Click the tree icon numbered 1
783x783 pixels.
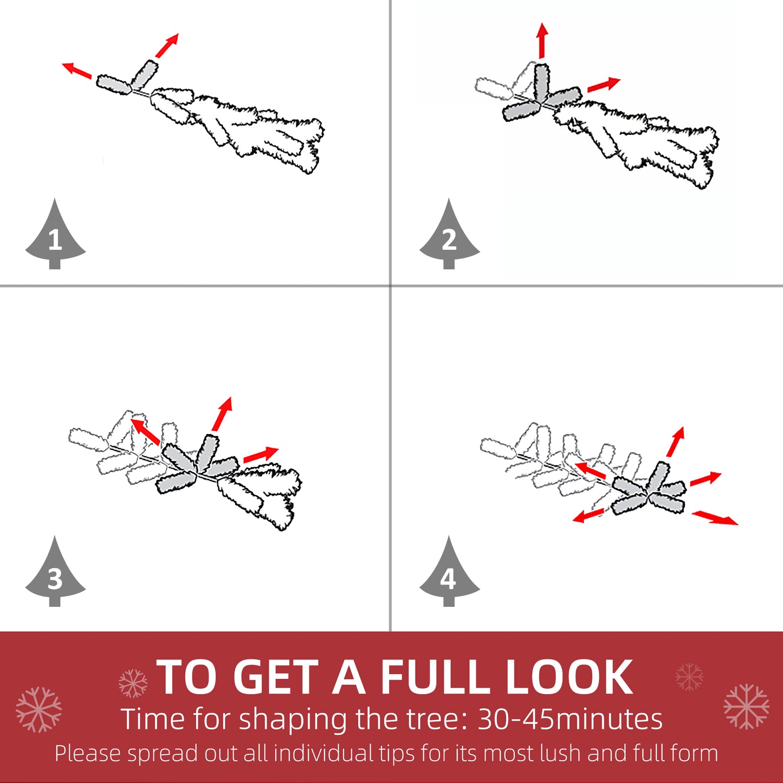point(55,236)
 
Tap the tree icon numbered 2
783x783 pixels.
point(449,236)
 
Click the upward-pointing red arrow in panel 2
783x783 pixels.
point(542,40)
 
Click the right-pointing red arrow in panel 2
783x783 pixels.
point(603,85)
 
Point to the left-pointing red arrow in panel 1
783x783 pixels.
point(76,70)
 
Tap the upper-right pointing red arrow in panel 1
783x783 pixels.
point(166,46)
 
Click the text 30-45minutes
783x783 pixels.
point(570,720)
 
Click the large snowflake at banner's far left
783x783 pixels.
point(38,709)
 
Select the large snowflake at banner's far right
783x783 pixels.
point(746,706)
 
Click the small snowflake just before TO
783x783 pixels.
point(133,683)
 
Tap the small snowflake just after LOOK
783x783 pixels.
point(689,677)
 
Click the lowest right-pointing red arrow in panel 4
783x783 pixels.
point(715,517)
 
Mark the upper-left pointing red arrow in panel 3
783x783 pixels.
point(145,431)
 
